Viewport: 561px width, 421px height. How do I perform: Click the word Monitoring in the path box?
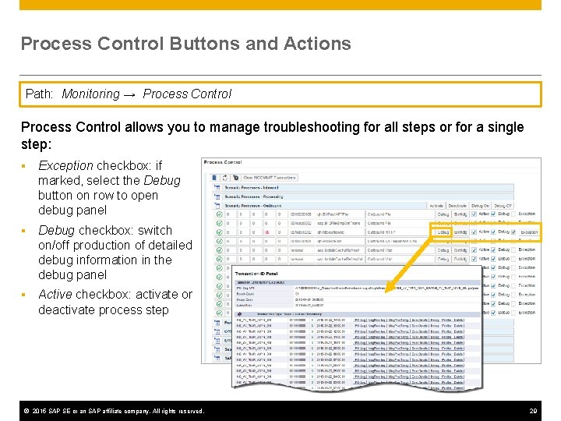90,94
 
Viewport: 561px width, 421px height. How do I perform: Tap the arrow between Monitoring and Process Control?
130,94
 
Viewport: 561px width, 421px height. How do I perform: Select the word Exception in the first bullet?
65,165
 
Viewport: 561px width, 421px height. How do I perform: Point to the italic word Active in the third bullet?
55,294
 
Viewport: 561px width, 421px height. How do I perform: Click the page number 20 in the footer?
534,411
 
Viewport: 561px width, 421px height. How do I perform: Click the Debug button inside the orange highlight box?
442,232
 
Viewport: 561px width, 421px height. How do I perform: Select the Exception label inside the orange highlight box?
528,232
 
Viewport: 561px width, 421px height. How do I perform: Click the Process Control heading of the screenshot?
222,162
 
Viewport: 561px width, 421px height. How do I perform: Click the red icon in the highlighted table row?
266,232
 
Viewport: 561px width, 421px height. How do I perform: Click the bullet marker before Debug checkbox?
25,231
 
